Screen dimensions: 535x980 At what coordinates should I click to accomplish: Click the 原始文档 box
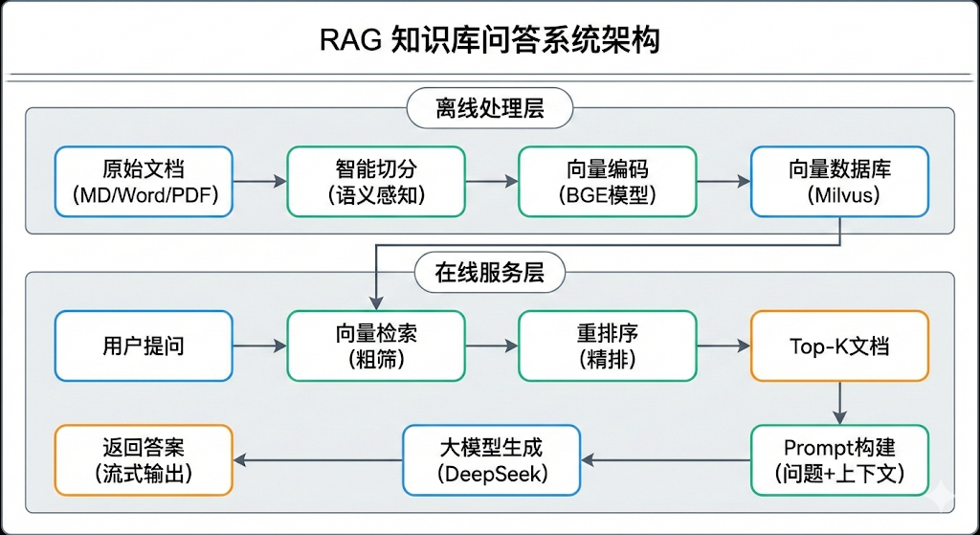pos(144,181)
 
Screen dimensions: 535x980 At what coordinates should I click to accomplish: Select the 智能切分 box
pos(375,181)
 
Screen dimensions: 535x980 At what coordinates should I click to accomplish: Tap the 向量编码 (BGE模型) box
pos(607,181)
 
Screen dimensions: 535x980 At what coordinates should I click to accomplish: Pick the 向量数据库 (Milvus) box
pos(839,181)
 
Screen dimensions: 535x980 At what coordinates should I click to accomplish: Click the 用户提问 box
pos(144,346)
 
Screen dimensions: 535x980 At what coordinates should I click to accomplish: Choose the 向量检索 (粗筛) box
pos(375,346)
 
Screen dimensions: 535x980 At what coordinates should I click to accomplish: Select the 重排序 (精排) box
pos(607,346)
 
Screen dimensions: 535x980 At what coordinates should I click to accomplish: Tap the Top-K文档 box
pos(839,346)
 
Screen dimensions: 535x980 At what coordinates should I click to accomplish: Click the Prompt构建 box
pos(839,460)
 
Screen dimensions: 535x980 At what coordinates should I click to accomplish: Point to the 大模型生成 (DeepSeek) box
pos(492,460)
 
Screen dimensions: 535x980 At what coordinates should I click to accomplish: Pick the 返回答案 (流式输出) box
pos(144,460)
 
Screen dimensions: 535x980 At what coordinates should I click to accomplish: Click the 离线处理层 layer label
pos(490,108)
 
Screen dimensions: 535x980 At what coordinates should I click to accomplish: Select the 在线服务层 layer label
pos(490,273)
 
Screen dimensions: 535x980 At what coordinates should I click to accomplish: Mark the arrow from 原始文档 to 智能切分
pos(259,181)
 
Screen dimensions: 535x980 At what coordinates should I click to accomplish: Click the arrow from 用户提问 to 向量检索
pos(259,346)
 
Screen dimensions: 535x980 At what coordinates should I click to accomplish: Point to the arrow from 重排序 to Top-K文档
pos(723,346)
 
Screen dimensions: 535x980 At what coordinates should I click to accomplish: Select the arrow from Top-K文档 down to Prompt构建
pos(839,403)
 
